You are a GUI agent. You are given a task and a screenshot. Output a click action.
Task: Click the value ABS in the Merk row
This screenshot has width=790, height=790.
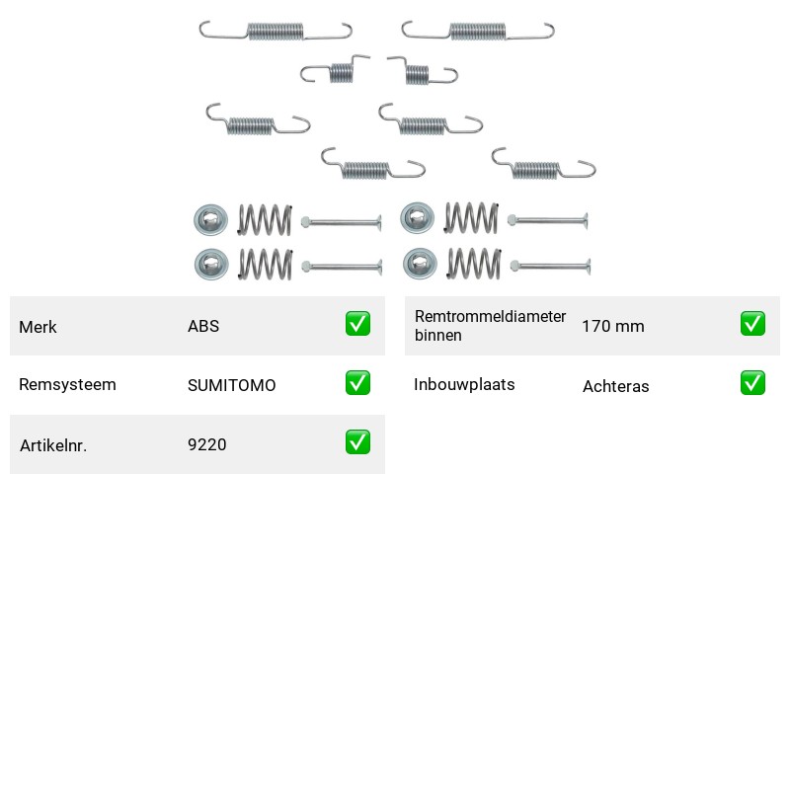click(203, 327)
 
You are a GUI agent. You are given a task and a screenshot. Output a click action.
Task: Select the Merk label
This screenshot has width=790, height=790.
click(38, 327)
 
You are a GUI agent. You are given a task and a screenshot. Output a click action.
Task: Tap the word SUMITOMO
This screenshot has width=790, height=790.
click(231, 385)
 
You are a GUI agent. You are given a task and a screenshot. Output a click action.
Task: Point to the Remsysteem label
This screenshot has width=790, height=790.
click(67, 384)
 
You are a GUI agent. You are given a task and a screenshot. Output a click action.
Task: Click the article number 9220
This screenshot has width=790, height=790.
click(206, 444)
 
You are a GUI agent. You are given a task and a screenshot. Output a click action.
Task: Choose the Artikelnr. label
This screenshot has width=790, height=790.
click(53, 445)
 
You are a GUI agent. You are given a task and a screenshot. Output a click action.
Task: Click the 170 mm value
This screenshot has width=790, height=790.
click(613, 327)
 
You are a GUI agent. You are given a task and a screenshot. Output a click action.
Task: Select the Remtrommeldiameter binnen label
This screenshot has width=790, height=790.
click(490, 326)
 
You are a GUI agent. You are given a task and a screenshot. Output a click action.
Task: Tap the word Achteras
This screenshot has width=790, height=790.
click(615, 386)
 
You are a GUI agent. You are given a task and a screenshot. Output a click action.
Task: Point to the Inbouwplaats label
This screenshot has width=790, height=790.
click(464, 384)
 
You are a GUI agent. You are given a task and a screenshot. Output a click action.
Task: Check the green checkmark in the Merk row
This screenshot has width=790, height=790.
click(357, 324)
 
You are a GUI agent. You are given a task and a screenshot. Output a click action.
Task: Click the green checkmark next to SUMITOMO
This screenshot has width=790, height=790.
click(357, 383)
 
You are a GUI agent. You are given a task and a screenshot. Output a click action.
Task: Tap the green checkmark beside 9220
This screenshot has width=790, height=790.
click(357, 441)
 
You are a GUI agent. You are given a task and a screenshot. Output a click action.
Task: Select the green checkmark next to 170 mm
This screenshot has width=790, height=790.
click(752, 324)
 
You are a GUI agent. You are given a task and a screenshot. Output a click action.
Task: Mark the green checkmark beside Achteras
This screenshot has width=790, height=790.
click(752, 383)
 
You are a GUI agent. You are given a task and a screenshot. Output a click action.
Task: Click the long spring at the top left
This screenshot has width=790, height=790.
click(276, 32)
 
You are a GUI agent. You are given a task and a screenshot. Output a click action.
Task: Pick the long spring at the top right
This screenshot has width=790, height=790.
click(478, 32)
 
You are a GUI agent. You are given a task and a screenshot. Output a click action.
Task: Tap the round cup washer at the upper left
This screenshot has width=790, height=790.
click(210, 219)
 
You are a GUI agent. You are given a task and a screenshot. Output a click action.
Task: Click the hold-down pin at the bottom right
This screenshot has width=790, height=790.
click(550, 266)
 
